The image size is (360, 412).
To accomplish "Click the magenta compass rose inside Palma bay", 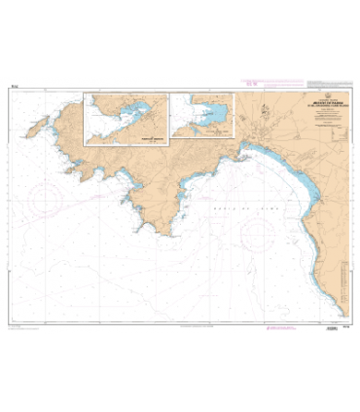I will [259, 231].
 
